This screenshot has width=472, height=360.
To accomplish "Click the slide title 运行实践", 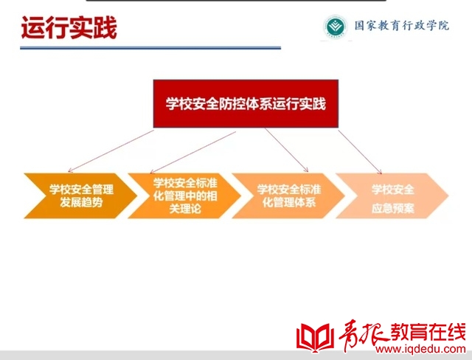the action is point(69,28).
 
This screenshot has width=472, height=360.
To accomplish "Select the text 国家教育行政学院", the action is point(401,26).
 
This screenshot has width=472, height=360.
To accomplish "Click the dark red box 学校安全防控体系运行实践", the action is point(246,104).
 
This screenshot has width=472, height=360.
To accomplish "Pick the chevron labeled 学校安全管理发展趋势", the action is point(80,196).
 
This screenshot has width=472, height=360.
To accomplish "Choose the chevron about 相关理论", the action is point(184,196).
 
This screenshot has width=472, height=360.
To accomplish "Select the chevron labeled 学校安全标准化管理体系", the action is point(288,196).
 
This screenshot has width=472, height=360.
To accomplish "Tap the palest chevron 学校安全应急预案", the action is point(392,196).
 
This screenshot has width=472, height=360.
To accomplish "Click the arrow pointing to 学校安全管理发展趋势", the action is point(111,151).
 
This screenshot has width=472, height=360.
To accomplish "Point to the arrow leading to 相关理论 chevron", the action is point(192,152).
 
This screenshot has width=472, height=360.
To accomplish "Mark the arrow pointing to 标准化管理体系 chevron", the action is point(287,150).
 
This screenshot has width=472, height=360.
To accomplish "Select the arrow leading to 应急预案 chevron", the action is point(360,152).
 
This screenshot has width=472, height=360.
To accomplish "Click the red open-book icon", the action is point(315,338).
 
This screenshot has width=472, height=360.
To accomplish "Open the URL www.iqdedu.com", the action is point(420,349).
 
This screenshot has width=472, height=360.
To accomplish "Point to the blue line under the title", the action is point(150,47).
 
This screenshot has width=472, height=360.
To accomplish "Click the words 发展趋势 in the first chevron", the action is point(81,203).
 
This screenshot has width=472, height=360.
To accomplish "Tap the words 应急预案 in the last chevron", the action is point(393,208).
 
